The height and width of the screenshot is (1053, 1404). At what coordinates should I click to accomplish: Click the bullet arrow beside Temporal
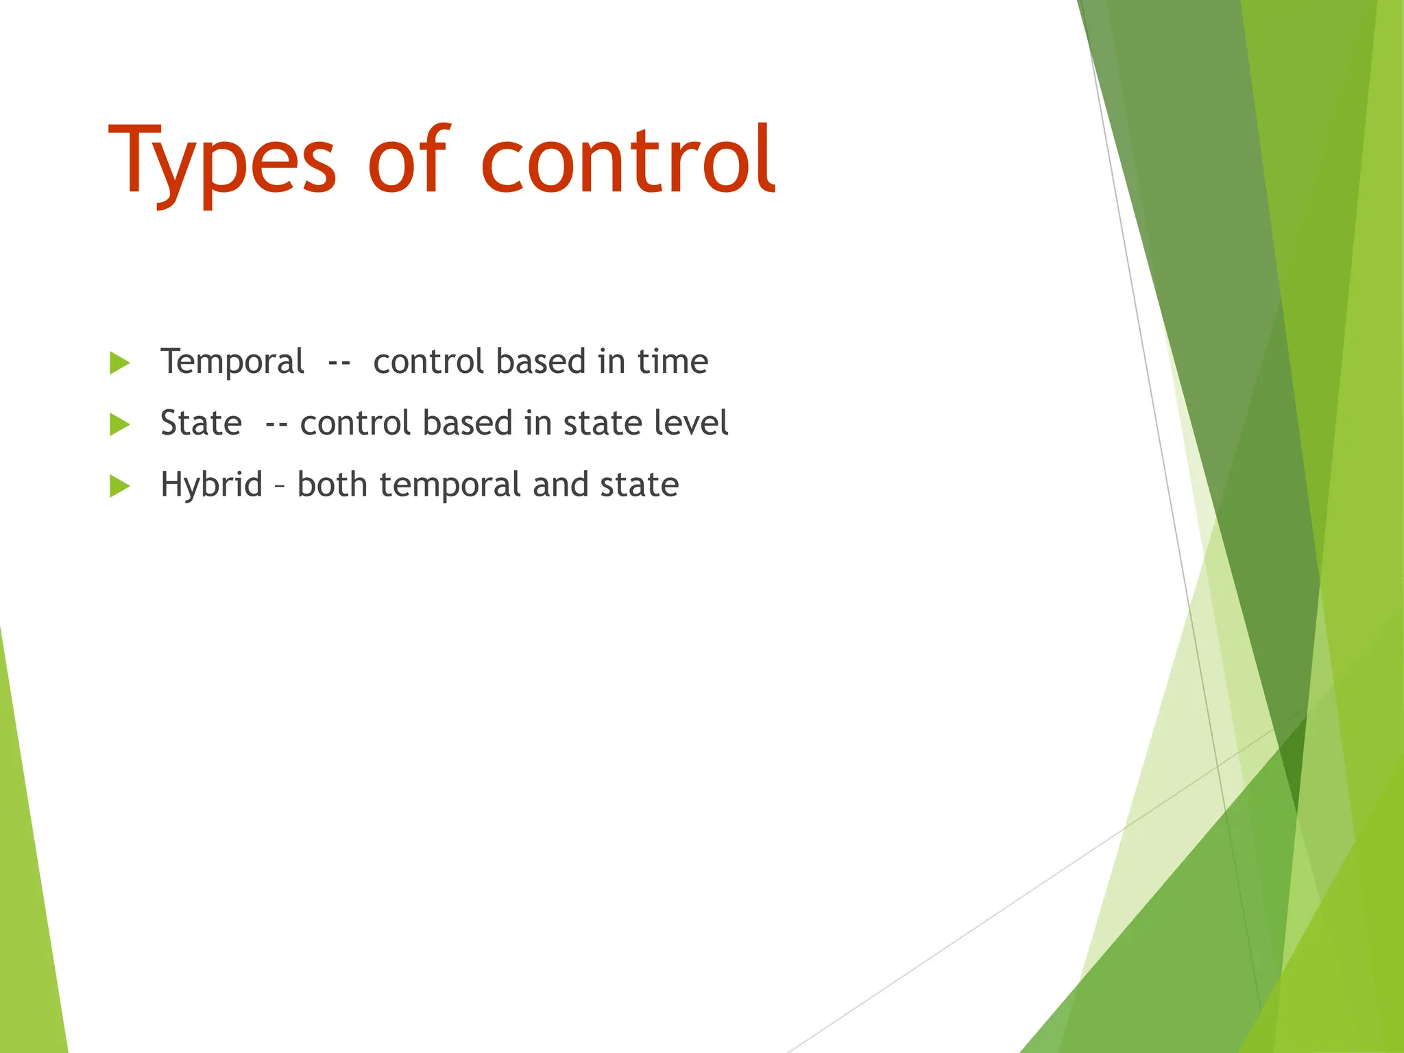point(119,363)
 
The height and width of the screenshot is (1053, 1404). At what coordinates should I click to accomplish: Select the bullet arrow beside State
point(119,424)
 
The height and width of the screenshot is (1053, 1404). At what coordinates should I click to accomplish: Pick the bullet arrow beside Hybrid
point(119,486)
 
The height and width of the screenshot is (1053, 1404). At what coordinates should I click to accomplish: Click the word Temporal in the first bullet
point(232,362)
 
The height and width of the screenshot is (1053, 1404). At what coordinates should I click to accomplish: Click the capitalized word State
point(201,423)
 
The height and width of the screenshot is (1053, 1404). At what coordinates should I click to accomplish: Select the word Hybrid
point(211,485)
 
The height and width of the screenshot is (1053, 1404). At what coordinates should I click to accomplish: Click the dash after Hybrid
point(279,486)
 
